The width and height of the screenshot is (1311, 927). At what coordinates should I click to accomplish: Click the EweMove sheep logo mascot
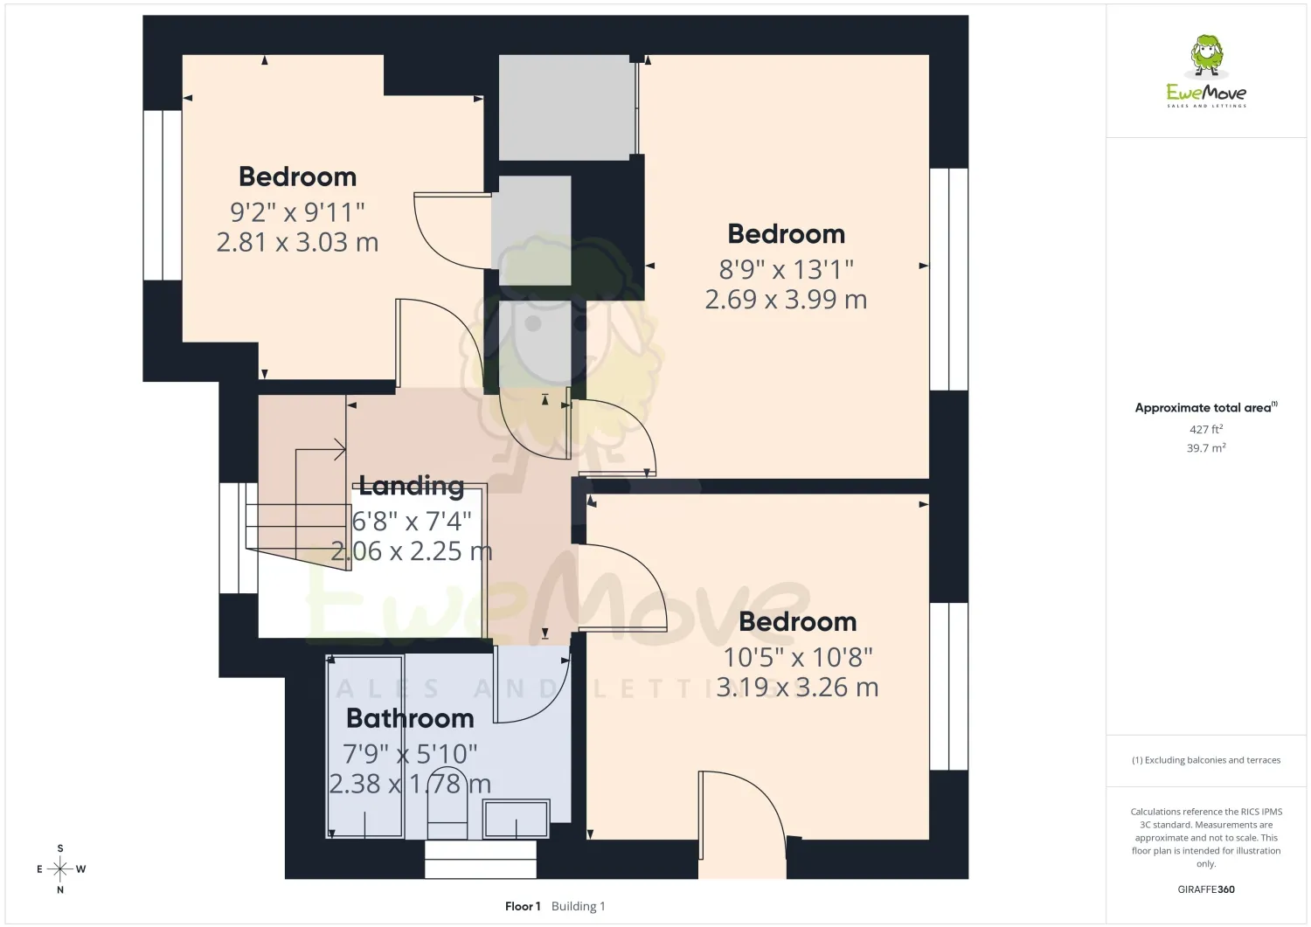point(1206,56)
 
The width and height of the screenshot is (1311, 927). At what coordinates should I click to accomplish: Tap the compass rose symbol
point(60,869)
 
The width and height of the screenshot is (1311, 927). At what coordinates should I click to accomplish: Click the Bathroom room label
point(410,719)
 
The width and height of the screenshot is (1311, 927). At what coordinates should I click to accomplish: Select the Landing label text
point(412,485)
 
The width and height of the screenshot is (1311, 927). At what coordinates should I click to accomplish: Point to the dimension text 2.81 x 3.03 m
point(297,242)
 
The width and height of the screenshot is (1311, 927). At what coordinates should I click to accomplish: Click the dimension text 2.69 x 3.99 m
point(786,300)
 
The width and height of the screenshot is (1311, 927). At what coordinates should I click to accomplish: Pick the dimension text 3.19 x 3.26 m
point(798,687)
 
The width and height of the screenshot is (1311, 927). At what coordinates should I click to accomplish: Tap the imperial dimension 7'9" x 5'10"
point(410,754)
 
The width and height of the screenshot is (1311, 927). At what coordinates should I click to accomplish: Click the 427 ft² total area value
point(1206,429)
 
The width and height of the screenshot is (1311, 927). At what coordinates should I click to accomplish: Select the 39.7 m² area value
point(1206,447)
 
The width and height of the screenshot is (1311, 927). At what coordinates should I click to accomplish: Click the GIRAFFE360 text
point(1206,889)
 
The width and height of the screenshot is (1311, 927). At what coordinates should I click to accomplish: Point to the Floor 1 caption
point(523,907)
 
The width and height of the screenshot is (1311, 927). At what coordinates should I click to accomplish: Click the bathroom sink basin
point(517,820)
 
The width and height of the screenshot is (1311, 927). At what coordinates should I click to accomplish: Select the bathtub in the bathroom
point(364,747)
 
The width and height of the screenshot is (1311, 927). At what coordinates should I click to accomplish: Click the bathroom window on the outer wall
point(481,860)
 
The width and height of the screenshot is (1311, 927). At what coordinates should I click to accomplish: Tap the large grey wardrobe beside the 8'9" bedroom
point(566,107)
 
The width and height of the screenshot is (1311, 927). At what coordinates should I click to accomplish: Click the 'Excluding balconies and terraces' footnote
point(1206,760)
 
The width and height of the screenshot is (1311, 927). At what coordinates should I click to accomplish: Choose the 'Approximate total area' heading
point(1203,408)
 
